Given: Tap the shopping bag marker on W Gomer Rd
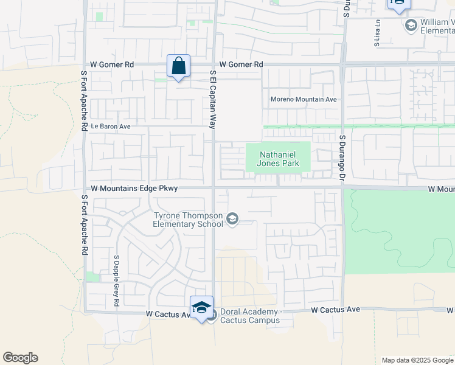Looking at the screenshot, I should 179,66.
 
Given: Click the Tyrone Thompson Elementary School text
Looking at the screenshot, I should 189,219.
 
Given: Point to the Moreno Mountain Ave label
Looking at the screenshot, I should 304,99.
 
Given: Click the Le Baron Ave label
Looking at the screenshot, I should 111,127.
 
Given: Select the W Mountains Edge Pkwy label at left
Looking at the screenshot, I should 134,189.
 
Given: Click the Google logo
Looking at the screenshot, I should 20,358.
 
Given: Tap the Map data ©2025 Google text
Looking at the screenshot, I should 417,360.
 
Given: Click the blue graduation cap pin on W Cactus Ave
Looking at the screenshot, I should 201,307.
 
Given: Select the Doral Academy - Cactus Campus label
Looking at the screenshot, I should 250,316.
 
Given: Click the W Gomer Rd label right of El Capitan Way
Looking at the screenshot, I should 241,64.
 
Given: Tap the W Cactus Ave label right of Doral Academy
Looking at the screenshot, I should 335,310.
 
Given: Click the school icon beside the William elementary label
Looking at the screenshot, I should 411,25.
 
